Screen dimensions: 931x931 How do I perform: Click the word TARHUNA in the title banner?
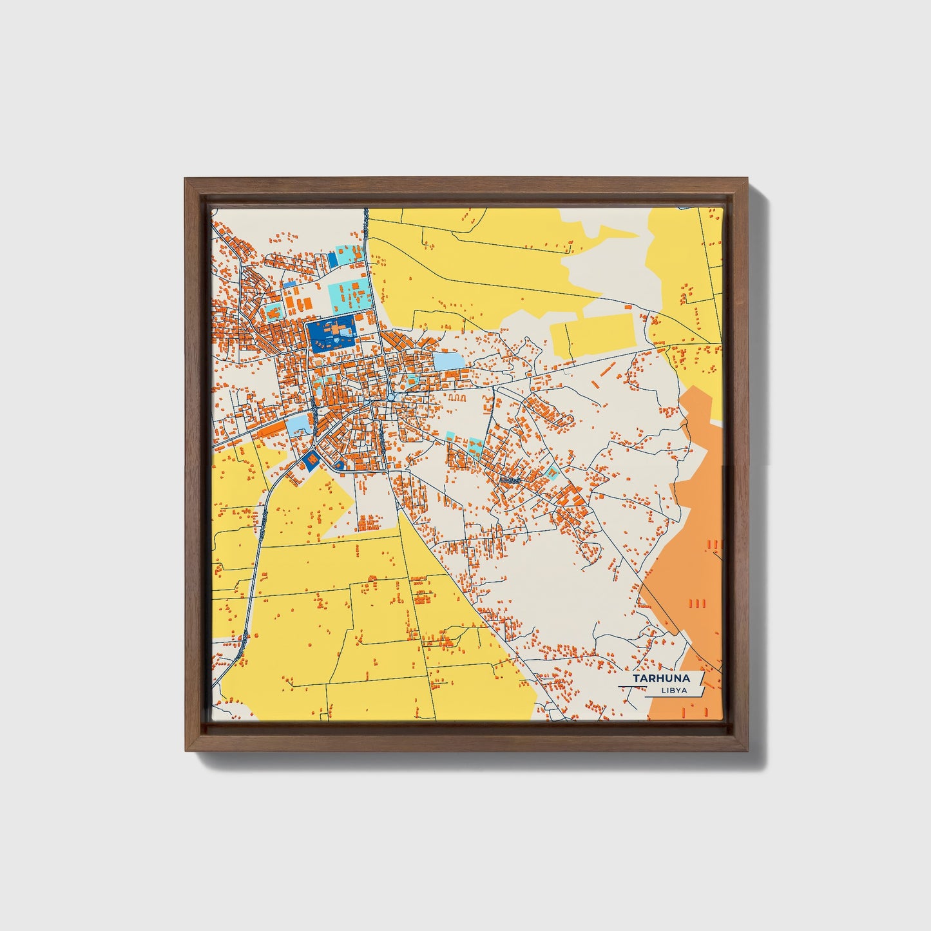pyautogui.click(x=660, y=678)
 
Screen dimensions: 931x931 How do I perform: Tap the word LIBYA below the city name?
pyautogui.click(x=673, y=691)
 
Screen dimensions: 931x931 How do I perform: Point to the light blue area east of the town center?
pyautogui.click(x=448, y=361)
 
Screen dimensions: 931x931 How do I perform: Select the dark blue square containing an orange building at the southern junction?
pyautogui.click(x=311, y=459)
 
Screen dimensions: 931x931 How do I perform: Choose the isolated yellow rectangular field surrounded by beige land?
pyautogui.click(x=593, y=335)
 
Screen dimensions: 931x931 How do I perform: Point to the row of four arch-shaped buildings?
pyautogui.click(x=457, y=398)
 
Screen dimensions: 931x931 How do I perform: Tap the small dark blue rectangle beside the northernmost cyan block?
pyautogui.click(x=332, y=260)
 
